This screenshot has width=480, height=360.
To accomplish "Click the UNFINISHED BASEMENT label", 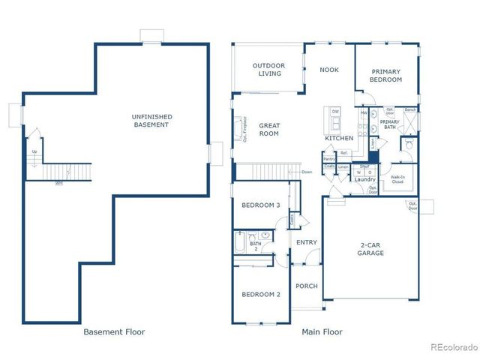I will (152, 120).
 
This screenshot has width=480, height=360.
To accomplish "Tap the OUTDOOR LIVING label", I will (268, 70).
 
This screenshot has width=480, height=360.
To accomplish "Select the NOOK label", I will (328, 70).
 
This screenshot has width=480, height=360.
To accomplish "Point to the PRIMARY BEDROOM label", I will (386, 76).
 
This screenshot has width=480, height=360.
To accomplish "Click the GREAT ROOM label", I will (268, 130).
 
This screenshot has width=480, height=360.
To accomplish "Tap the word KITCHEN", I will (339, 139).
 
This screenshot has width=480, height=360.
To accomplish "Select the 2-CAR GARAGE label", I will (370, 249).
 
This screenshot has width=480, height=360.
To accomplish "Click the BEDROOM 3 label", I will (260, 205).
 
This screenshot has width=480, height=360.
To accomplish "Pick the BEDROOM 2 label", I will (260, 295).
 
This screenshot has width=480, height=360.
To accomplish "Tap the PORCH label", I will (306, 286).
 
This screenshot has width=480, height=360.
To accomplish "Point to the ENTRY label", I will (306, 242).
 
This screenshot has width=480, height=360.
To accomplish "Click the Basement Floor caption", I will (114, 331).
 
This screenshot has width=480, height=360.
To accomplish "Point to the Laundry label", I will (364, 179).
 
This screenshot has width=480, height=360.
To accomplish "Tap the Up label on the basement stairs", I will (34, 152).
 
